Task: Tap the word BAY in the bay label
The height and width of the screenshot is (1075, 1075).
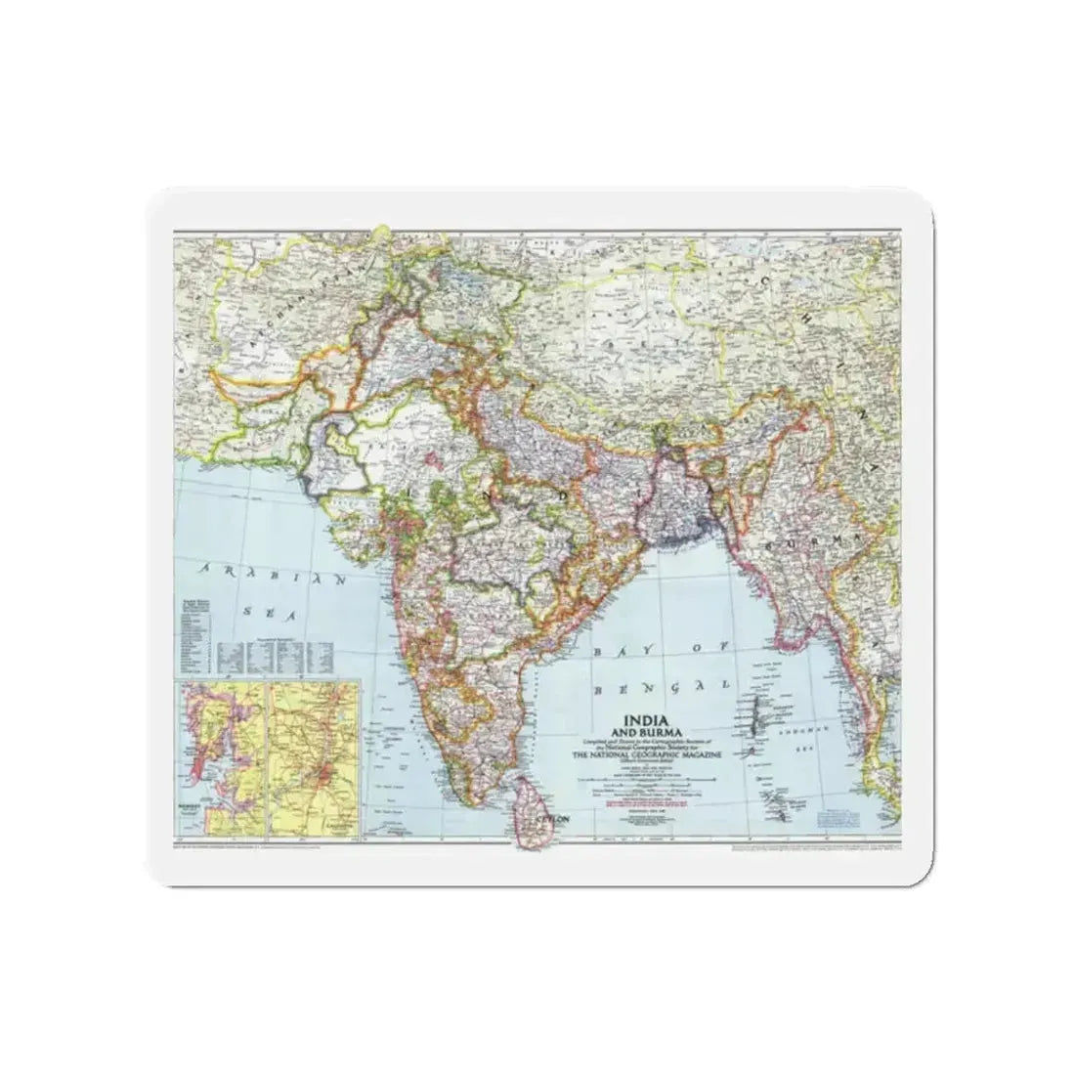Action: (613, 649)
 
